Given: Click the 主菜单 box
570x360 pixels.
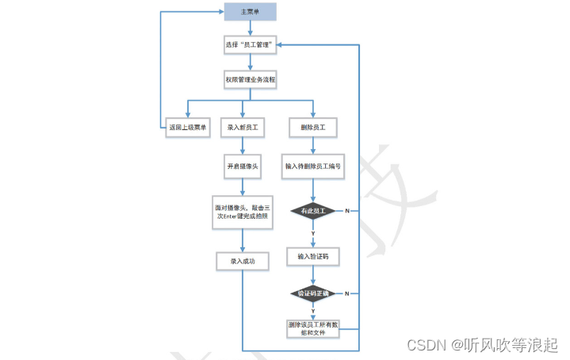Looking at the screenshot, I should point(250,12).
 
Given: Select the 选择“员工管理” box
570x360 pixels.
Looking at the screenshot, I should point(250,45).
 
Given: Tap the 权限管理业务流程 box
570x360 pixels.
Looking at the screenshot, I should point(250,80).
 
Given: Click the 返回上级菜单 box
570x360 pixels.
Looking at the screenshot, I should point(188,127).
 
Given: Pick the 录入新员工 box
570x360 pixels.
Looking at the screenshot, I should point(243,127).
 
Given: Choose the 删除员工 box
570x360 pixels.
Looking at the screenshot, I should point(313,127).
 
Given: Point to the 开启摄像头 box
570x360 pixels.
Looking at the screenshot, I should point(243,167).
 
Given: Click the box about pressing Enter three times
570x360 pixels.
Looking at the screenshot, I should point(243,213).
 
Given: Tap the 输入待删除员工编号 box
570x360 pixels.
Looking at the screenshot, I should point(313,167).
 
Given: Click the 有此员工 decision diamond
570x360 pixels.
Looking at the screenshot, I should point(313,211).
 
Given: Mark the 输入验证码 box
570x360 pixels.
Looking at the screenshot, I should point(313,256).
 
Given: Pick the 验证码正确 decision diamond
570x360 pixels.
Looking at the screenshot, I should point(313,293).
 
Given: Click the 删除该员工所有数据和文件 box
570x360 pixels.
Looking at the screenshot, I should point(313,329).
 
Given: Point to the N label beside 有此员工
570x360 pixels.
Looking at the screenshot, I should point(346,211).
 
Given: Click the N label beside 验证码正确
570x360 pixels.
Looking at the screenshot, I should point(346,293).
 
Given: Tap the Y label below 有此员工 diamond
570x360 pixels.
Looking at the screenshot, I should point(313,233).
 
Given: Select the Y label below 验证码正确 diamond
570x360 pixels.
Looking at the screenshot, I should point(313,311).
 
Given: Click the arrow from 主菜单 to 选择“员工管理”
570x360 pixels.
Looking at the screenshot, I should point(250,29).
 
